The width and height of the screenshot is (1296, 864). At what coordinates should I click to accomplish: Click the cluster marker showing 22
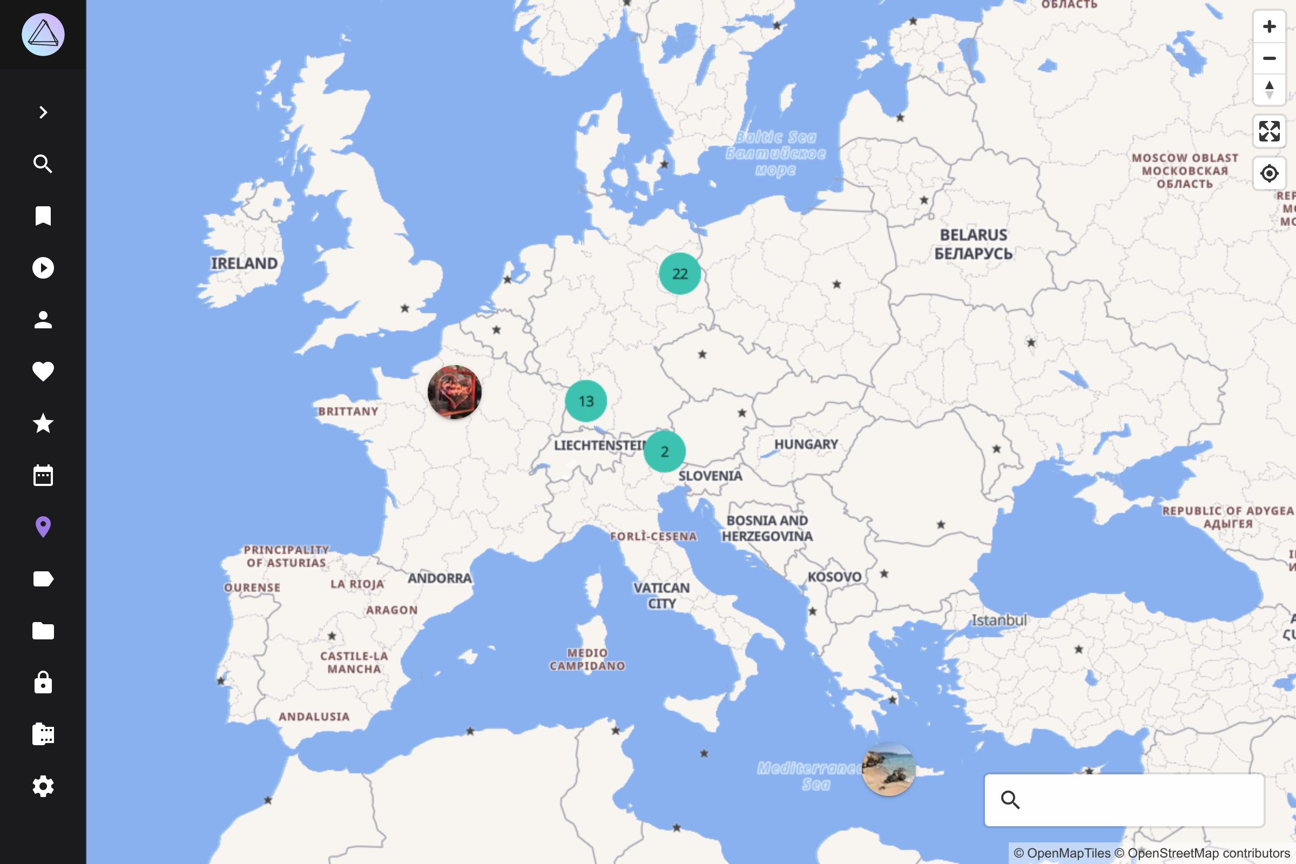click(679, 274)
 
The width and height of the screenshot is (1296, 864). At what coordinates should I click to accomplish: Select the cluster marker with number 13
click(586, 401)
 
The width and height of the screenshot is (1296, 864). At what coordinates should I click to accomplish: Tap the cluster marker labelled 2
click(665, 452)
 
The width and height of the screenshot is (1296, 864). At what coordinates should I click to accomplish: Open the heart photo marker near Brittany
click(455, 392)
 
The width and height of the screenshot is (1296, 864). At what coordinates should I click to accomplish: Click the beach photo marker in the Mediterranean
click(888, 769)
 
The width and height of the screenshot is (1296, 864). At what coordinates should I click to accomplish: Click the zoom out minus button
click(1269, 58)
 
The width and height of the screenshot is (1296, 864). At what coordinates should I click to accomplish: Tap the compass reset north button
click(1269, 90)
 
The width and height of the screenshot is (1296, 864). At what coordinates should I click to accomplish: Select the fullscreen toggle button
click(1269, 131)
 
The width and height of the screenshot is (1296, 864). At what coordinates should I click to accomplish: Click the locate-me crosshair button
click(1269, 173)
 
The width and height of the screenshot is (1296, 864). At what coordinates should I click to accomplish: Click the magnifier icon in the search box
click(1010, 800)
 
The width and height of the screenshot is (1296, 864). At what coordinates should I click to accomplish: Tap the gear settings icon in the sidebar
click(43, 786)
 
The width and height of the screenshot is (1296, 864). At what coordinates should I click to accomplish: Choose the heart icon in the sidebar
click(43, 372)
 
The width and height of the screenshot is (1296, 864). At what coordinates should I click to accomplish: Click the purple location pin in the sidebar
click(43, 527)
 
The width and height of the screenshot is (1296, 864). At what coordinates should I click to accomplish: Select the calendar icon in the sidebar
click(43, 475)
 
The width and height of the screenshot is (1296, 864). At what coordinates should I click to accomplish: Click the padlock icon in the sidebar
click(43, 683)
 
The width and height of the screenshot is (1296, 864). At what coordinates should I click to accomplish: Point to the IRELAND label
click(244, 264)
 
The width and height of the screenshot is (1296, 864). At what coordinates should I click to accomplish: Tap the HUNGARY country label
click(806, 444)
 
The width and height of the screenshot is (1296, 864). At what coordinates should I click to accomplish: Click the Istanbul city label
click(998, 620)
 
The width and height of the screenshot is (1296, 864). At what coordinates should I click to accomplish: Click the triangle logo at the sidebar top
click(43, 35)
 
